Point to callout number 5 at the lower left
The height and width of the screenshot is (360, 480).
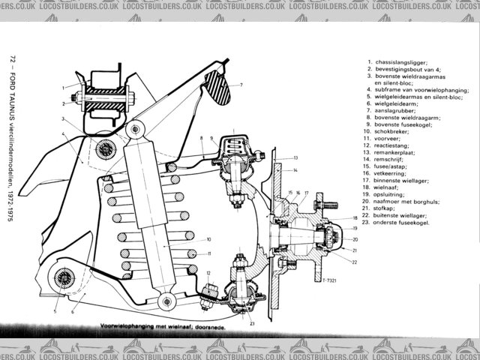pyautogui.click(x=54, y=310)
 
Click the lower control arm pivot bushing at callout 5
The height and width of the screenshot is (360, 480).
pyautogui.click(x=61, y=281)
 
